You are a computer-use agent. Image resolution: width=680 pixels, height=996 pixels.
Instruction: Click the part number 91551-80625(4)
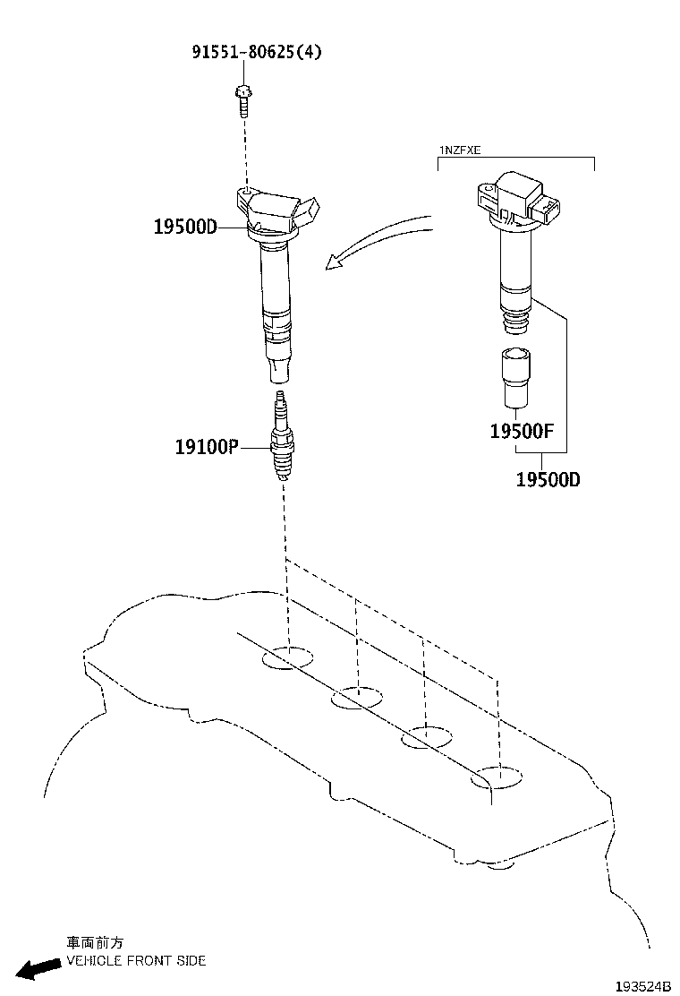(x=256, y=52)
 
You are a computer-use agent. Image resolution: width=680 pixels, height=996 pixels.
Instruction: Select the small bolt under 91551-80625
(x=242, y=101)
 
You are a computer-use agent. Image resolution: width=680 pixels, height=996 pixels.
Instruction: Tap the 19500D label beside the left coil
(x=184, y=228)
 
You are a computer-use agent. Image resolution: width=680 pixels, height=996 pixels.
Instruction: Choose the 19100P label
(x=206, y=445)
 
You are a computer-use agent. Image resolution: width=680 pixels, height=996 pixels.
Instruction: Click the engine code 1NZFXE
(x=460, y=150)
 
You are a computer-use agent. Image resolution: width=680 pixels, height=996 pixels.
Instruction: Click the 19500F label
(x=523, y=431)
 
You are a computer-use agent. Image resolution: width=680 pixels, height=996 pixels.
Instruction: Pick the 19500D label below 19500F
(x=548, y=479)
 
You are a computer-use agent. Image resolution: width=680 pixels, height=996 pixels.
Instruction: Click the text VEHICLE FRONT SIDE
(x=137, y=961)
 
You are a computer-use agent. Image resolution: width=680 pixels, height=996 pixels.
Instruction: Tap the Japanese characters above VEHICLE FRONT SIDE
(x=95, y=943)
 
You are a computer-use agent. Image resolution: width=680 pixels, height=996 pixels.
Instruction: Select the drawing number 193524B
(x=642, y=985)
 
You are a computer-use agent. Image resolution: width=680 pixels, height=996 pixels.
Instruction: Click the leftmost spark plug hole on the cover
(x=287, y=658)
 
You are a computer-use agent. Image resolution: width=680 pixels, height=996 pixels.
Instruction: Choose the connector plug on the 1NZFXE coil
(x=547, y=210)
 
